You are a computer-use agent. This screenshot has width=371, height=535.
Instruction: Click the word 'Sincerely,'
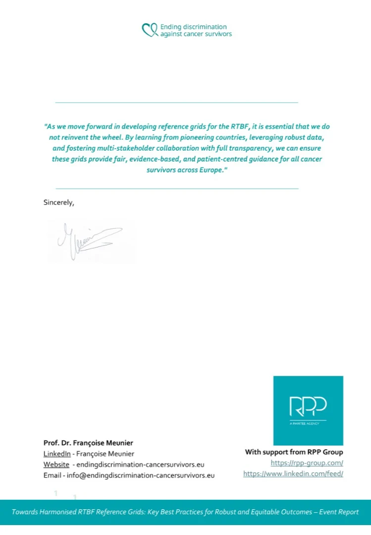(x=59, y=202)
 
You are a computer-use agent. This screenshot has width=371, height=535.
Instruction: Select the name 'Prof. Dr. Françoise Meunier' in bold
(x=88, y=443)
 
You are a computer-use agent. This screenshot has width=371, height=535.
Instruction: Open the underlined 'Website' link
(x=56, y=465)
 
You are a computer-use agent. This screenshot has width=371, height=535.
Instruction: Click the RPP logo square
(x=308, y=410)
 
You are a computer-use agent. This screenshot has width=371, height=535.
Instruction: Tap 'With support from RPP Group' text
(x=294, y=452)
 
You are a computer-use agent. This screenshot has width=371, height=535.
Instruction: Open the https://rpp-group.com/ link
(x=307, y=463)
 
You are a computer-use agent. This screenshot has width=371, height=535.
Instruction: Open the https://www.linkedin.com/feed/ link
(x=293, y=474)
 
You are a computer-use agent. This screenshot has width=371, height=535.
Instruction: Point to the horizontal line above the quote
(x=176, y=102)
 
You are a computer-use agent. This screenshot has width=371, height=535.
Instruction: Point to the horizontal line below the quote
(x=176, y=188)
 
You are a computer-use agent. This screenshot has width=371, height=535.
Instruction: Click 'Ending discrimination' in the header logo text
(x=193, y=27)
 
